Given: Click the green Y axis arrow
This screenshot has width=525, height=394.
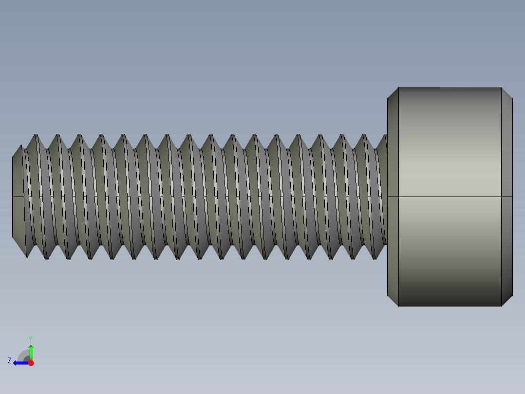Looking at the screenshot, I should point(31,351).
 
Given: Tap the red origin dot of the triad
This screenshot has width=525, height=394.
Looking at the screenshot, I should point(31,363).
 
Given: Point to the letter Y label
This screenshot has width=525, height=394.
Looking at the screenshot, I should point(31,338).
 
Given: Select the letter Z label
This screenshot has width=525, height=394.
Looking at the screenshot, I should point(10,360).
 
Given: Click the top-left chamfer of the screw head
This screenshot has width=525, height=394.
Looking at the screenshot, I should point(393,94).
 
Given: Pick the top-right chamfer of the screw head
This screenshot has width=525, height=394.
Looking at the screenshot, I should point(506,94).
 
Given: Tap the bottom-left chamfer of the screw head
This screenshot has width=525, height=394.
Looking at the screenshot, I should point(393,300).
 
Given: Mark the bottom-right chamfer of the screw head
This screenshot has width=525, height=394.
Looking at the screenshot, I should point(506,300).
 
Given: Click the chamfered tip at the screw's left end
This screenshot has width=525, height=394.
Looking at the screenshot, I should point(18,197).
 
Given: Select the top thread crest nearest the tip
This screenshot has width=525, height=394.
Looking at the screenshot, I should point(35,136).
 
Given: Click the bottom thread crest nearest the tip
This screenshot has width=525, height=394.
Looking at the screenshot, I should point(46,257).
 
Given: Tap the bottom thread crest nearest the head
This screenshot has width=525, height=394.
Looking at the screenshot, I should point(375,257).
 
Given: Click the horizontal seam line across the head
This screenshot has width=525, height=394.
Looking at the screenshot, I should point(448,197).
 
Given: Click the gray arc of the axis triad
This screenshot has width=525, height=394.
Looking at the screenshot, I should point(23,355).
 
